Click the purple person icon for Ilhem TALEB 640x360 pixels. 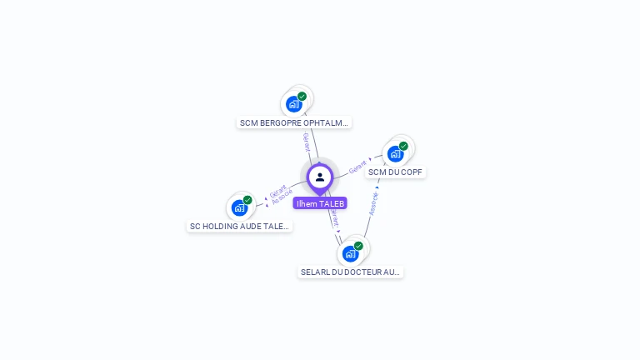(320, 177)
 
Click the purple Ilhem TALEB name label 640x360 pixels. (320, 203)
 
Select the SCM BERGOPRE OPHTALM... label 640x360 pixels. (294, 122)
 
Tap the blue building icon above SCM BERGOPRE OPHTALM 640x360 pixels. (293, 104)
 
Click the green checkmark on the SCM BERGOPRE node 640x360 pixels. (302, 97)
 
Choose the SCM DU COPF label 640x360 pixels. (396, 172)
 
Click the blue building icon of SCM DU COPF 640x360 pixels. (395, 153)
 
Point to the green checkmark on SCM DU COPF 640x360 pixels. (403, 146)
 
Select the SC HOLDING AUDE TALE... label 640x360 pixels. (240, 226)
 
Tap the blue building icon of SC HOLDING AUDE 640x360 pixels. (239, 207)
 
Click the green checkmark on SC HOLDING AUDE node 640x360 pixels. (247, 200)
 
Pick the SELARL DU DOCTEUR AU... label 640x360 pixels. (351, 272)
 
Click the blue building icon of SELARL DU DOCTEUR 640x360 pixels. (350, 253)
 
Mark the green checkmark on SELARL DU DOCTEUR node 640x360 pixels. (358, 246)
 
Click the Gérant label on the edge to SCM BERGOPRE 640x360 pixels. (307, 142)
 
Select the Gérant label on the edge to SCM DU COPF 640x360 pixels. (358, 167)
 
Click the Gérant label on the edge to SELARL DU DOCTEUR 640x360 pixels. (334, 218)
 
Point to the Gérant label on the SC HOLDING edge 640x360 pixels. (277, 189)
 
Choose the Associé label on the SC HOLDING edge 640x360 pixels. (282, 197)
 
